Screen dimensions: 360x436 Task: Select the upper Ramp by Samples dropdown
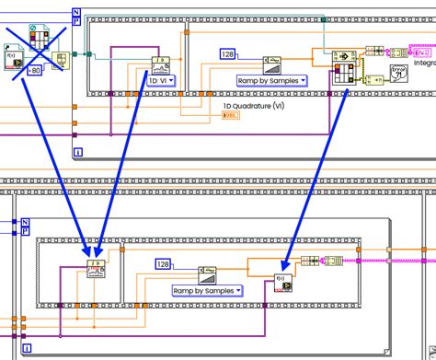[x=271, y=80]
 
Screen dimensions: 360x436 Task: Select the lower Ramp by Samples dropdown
[x=207, y=290]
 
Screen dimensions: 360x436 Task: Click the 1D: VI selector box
[x=160, y=80]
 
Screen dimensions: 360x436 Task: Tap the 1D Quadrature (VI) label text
[x=254, y=106]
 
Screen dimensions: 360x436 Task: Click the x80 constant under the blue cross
[x=33, y=69]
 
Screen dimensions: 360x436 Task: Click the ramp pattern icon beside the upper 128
[x=272, y=60]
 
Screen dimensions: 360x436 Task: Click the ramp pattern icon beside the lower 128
[x=208, y=271]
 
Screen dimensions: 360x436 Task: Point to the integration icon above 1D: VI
[x=161, y=65]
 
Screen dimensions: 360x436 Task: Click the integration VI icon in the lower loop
[x=97, y=269]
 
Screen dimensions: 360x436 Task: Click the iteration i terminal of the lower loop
[x=29, y=347]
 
